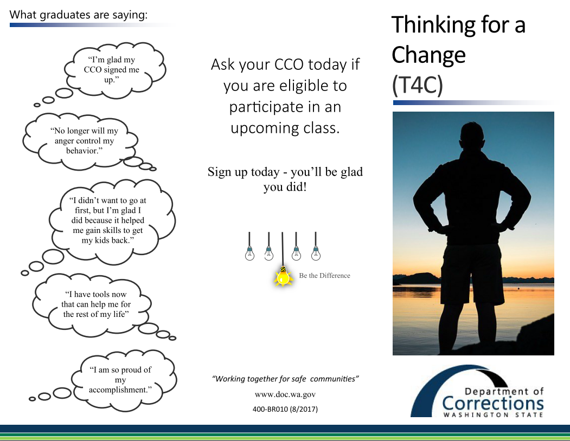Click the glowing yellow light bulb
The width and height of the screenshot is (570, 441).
coord(283,277)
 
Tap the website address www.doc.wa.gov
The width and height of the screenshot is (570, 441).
coord(285,394)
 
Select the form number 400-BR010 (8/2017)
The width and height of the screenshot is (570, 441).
coord(285,410)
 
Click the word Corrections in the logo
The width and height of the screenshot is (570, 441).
coord(493,404)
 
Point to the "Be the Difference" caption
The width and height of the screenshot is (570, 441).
coord(325,276)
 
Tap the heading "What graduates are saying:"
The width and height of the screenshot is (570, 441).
coord(79,15)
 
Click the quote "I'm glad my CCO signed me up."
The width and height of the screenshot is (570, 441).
coord(112,69)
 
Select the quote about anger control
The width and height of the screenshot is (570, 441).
coord(85,140)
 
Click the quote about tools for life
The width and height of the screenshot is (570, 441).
coord(96,304)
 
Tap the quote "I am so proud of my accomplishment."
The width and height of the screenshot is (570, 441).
coord(120,380)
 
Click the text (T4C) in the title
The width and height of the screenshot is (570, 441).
coord(417,85)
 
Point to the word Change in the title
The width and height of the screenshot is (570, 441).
coord(428,55)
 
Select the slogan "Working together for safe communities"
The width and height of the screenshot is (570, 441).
coord(285,379)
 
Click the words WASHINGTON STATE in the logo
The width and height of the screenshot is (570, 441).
coord(493,415)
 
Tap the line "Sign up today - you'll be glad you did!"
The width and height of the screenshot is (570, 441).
coord(285,179)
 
